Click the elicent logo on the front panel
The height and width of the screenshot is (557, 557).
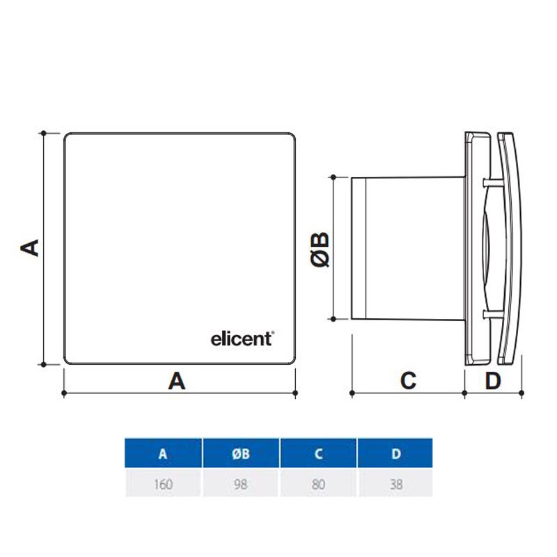click(242, 339)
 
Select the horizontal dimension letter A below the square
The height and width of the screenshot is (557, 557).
click(177, 381)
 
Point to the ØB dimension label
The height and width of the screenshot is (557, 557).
click(320, 249)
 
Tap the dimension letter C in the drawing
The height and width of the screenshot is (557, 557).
click(408, 381)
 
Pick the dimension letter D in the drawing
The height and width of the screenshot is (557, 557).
click(493, 381)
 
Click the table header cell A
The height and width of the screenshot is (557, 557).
click(163, 453)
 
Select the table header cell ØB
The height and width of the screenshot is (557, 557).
click(241, 453)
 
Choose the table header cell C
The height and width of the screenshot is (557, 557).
click(318, 453)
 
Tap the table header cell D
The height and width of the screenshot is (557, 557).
click(395, 453)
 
